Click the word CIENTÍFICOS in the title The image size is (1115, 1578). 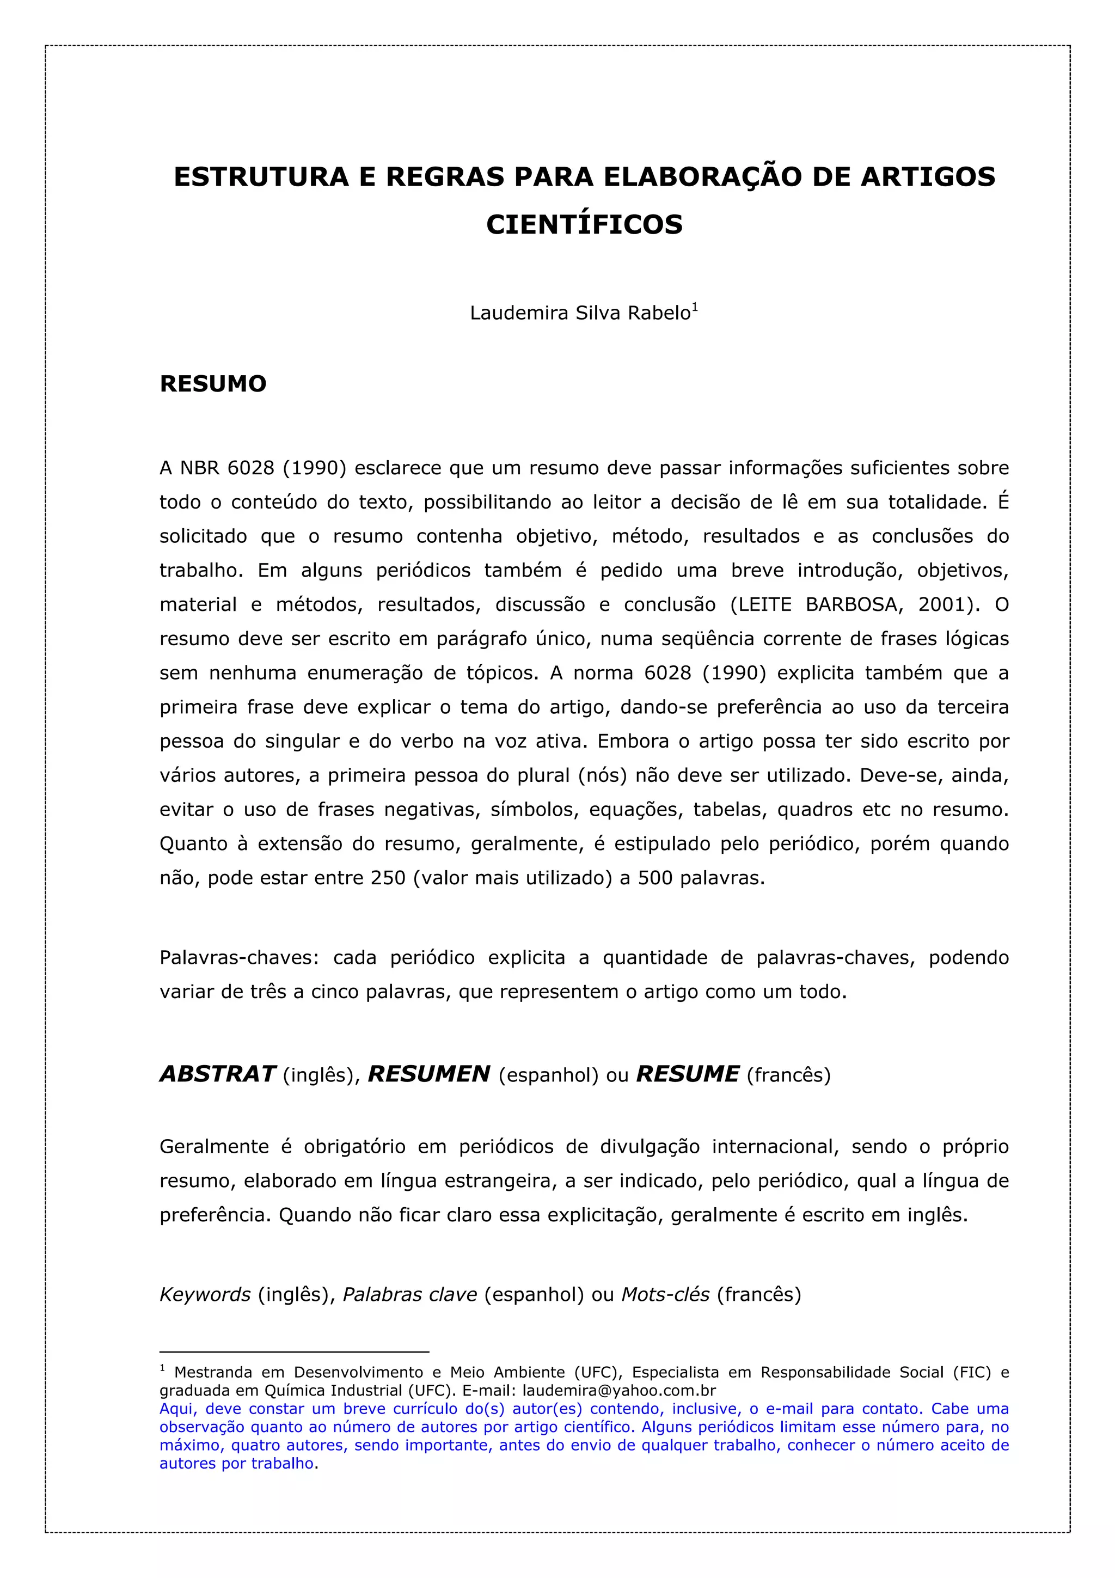(584, 225)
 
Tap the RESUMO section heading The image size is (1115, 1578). (213, 383)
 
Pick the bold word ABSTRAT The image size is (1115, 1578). (218, 1074)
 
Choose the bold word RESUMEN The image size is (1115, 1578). (428, 1074)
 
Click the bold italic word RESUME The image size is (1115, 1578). (688, 1074)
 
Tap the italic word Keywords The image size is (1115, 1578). (205, 1295)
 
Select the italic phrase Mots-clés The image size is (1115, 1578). (665, 1295)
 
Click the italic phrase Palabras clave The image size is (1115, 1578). (409, 1295)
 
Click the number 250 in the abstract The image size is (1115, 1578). (388, 878)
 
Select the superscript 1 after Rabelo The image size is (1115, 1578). (695, 307)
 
